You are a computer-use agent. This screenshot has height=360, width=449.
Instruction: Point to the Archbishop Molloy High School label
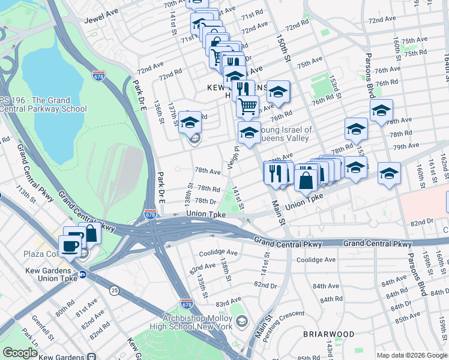197,322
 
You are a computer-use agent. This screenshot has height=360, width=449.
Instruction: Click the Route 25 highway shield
113,290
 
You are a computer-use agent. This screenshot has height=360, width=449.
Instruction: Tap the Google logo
20,353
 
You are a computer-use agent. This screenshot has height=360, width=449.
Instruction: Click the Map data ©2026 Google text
411,355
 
